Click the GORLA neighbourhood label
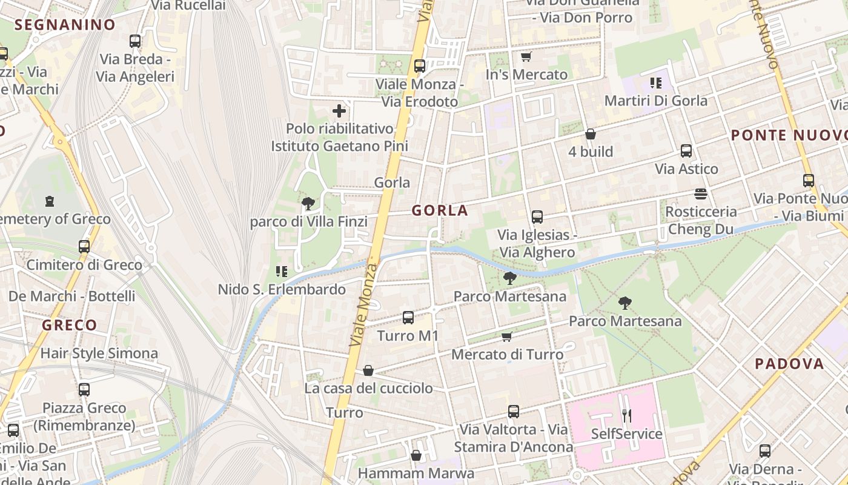coord(440,210)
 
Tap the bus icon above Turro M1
coord(408,317)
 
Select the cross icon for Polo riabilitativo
coord(339,111)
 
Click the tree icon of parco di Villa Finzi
coord(308,204)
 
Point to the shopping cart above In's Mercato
coord(526,57)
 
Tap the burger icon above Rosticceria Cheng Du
coord(701,194)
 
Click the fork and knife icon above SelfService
coord(627,416)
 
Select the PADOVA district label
coord(789,364)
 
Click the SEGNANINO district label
coord(65,25)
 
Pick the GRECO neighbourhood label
coord(69,325)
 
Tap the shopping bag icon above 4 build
coord(591,134)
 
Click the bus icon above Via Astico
coord(686,151)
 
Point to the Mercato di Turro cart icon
coord(507,336)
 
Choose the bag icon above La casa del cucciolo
coord(368,370)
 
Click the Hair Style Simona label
coord(99,353)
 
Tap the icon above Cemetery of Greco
coord(50,201)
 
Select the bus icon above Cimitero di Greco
coord(84,247)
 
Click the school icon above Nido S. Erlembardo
coord(282,271)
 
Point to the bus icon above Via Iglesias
coord(537,217)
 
